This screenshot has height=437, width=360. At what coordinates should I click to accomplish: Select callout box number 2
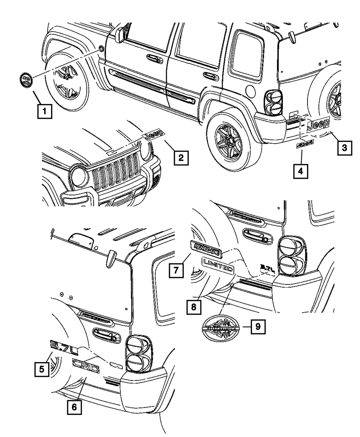click(x=181, y=157)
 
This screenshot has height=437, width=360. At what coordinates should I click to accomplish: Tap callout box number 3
click(x=344, y=147)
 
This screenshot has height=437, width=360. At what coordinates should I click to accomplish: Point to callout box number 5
click(x=42, y=369)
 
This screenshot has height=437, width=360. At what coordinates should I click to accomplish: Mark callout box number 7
click(x=175, y=270)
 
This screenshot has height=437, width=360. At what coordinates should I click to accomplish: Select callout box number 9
click(x=257, y=327)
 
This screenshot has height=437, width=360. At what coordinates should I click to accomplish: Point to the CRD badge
click(x=86, y=364)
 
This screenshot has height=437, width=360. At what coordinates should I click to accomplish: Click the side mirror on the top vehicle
click(x=122, y=33)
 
